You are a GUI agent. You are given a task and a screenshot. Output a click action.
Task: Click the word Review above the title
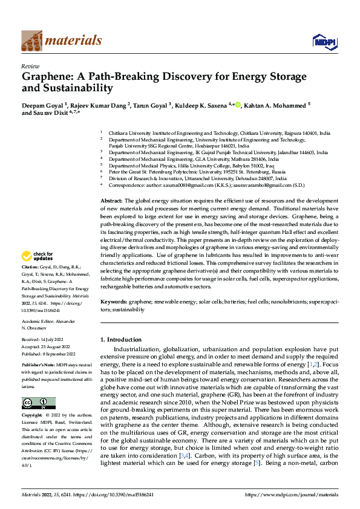click(30, 65)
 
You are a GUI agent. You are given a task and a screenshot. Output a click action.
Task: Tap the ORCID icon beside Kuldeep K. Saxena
click(238, 105)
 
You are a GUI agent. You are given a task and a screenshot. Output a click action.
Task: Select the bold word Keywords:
click(114, 300)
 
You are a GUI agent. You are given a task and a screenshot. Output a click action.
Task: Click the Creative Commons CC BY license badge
click(39, 387)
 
